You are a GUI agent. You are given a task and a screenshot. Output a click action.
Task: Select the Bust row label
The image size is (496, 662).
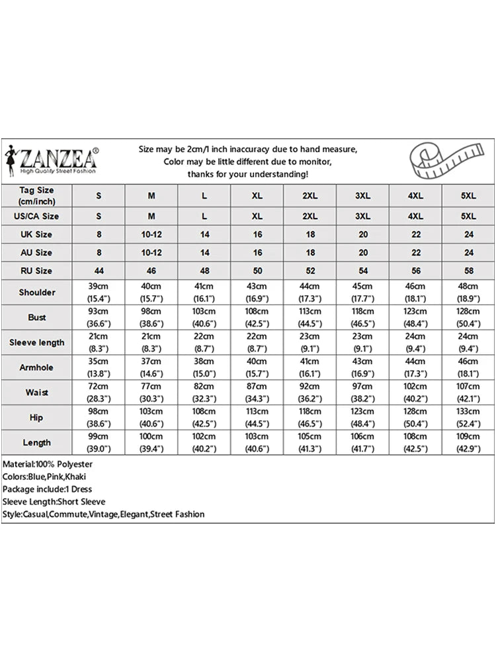(x=37, y=317)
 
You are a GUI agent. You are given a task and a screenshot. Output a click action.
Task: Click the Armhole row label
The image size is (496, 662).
(x=37, y=367)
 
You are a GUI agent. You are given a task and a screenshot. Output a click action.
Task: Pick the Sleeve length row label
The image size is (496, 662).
(x=37, y=342)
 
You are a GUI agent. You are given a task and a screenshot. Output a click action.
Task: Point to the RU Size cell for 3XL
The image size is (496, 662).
(x=363, y=271)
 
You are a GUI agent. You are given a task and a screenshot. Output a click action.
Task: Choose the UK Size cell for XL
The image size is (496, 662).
(x=257, y=234)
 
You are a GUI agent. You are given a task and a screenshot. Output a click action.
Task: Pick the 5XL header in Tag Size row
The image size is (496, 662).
(x=468, y=196)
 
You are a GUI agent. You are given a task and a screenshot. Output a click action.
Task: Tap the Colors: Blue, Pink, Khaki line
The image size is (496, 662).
(x=44, y=477)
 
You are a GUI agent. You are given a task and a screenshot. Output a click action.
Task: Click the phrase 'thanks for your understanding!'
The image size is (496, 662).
(x=247, y=173)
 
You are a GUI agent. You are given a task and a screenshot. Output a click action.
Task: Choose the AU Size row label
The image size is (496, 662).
(x=37, y=252)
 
